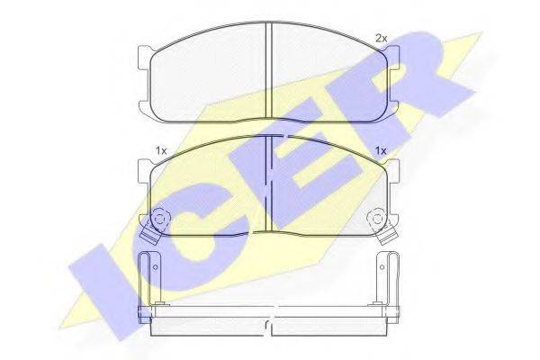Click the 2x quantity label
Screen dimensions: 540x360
[381, 39]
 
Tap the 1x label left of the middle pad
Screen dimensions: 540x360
[161, 151]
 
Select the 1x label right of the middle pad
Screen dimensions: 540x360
[381, 151]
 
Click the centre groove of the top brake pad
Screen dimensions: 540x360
[269, 70]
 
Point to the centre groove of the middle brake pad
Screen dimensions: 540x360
[269, 184]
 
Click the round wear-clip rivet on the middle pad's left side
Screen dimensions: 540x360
[159, 219]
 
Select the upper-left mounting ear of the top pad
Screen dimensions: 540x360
[144, 56]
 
